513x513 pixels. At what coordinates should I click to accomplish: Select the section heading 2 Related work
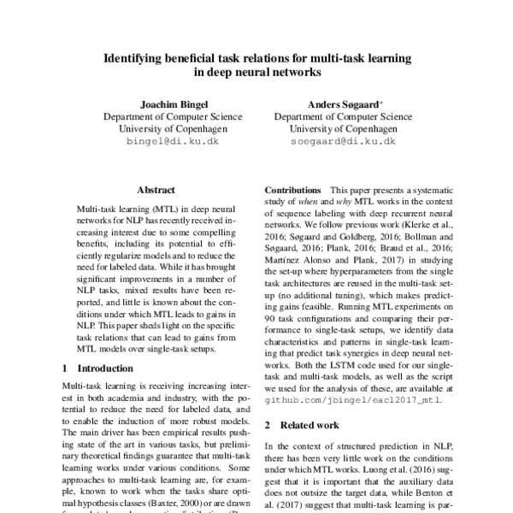click(302, 425)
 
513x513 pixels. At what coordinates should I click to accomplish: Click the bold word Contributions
click(293, 188)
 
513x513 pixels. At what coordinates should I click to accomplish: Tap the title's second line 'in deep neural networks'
click(256, 74)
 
